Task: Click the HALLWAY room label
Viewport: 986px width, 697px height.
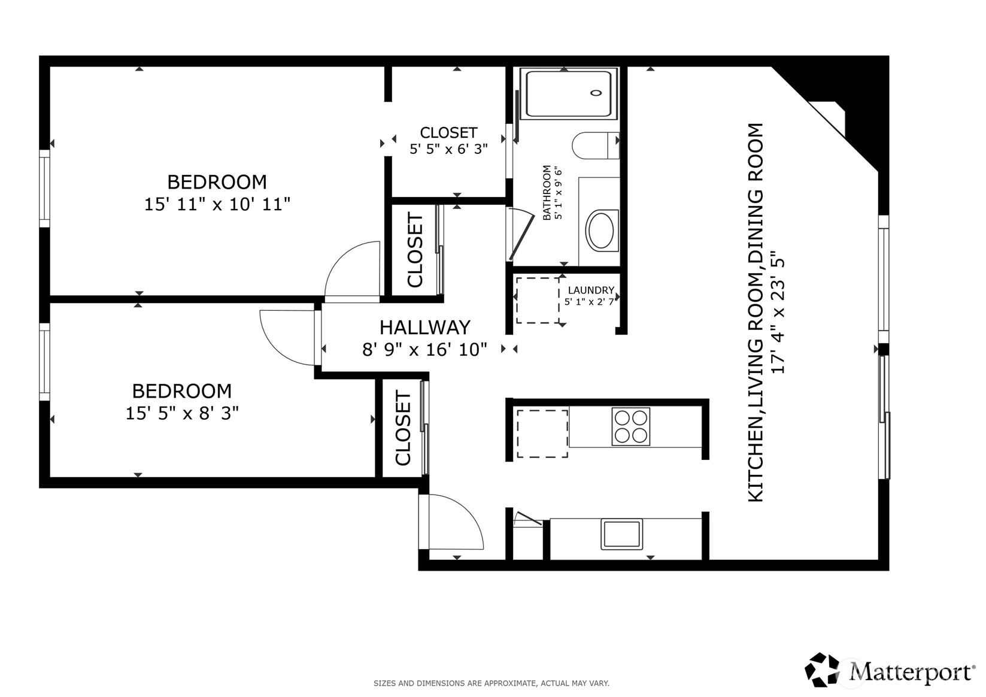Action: pyautogui.click(x=425, y=328)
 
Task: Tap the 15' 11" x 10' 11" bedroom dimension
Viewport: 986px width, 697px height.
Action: pyautogui.click(x=217, y=204)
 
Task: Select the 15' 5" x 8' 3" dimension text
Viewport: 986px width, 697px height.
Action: pyautogui.click(x=182, y=413)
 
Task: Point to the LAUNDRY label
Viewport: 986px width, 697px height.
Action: pyautogui.click(x=591, y=290)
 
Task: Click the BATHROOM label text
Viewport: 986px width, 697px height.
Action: pyautogui.click(x=546, y=192)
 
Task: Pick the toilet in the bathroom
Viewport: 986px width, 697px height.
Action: pyautogui.click(x=596, y=146)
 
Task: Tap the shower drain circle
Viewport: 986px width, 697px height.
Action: pyautogui.click(x=596, y=93)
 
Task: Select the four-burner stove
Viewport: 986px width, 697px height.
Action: pyautogui.click(x=631, y=427)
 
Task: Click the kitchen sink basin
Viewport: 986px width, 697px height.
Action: pyautogui.click(x=621, y=534)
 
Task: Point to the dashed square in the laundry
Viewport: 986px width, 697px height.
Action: pyautogui.click(x=538, y=300)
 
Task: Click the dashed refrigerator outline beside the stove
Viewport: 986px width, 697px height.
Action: pyautogui.click(x=542, y=434)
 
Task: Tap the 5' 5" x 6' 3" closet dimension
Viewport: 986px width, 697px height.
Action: pyautogui.click(x=448, y=149)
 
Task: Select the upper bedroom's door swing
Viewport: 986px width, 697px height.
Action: pyautogui.click(x=341, y=260)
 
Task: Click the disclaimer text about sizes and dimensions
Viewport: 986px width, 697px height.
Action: pyautogui.click(x=492, y=683)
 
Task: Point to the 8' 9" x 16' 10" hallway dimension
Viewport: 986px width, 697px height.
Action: pyautogui.click(x=425, y=350)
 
